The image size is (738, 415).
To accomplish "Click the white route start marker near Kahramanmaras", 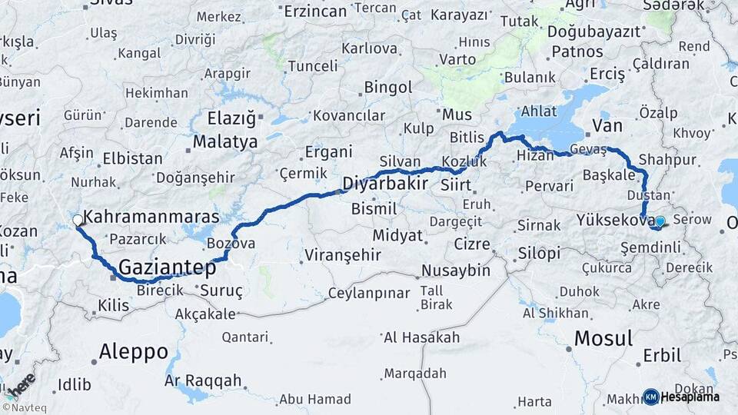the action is point(78,221).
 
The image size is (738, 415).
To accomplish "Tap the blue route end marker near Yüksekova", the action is point(660,222).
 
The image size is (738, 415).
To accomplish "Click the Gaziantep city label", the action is point(167,267).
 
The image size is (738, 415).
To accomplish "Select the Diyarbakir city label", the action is point(384,184).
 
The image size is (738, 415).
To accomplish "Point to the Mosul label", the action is point(603,338).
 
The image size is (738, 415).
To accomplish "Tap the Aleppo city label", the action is point(133,352).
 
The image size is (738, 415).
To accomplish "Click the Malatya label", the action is point(224,142).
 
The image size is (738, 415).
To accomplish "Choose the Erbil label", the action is point(662,356).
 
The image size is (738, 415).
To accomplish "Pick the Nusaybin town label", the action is point(455,271).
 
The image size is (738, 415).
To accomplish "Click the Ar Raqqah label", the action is point(203,380).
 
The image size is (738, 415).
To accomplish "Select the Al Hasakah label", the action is point(421,337).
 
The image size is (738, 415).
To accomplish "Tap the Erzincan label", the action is point(315,12).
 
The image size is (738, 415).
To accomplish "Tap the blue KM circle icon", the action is point(650,397).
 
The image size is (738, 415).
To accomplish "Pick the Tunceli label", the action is point(313,66).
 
